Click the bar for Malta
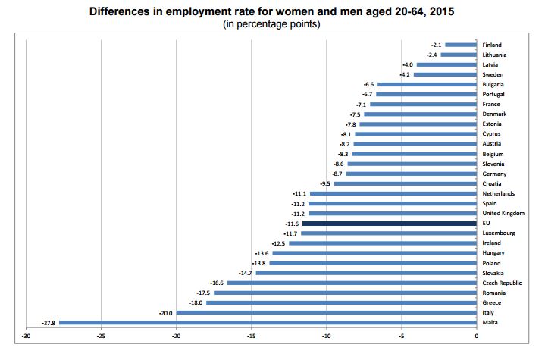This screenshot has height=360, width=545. click(268, 323)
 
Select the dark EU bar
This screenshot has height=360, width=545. click(389, 224)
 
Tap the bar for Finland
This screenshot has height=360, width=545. click(461, 45)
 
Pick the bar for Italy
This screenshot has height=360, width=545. click(327, 313)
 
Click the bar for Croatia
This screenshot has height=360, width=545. click(406, 183)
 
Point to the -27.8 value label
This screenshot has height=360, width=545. click(50, 323)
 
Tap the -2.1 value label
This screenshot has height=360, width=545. click(437, 45)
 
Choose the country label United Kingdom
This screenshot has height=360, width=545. click(503, 214)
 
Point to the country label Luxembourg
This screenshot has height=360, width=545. click(499, 233)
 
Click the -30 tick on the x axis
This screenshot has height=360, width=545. click(26, 337)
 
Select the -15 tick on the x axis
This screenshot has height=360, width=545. click(251, 337)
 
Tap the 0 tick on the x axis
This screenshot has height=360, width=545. click(477, 337)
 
